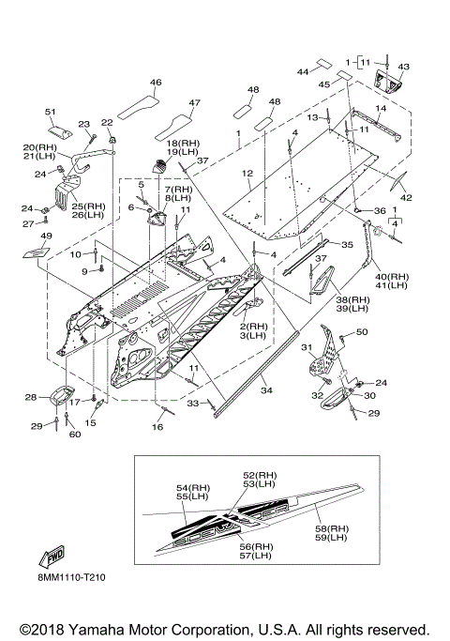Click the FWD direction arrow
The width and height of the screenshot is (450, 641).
52,557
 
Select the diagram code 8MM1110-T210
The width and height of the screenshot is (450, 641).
70,577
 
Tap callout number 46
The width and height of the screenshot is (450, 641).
156,83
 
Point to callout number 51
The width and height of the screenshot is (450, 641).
51,112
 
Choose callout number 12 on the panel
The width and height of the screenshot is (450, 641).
247,174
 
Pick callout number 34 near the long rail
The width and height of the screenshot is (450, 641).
266,390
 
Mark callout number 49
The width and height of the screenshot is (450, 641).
47,236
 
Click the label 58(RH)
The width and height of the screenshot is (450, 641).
332,528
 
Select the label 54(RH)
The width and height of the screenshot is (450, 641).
193,488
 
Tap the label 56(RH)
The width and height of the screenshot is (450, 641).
256,546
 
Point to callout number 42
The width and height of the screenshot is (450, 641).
406,197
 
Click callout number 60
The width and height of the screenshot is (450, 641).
75,435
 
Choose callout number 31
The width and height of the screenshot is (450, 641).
307,347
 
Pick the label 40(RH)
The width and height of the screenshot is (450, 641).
392,277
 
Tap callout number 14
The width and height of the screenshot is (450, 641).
381,108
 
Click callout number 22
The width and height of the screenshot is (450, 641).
107,123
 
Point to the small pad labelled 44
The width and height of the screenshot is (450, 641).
324,64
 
